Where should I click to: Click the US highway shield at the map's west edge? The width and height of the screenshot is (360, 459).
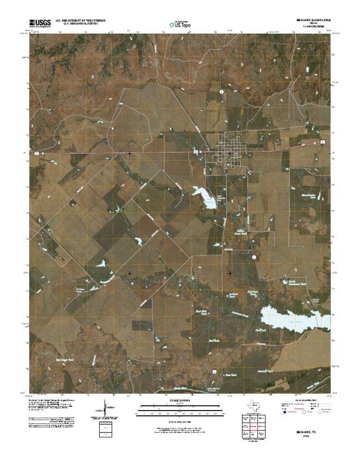point(36,153)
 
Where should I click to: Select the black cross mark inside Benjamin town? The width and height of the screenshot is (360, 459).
point(230,153)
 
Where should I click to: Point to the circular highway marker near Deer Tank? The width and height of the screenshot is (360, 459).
point(214,371)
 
